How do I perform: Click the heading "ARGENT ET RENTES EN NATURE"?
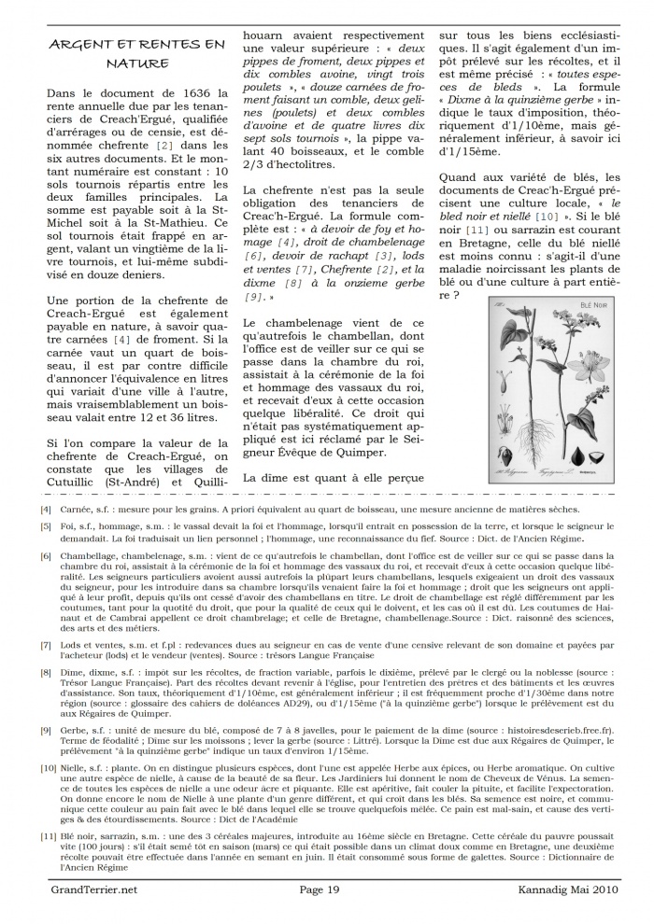coord(136,53)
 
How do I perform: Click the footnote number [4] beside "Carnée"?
coord(46,510)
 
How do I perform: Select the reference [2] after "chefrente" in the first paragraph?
coord(165,146)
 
